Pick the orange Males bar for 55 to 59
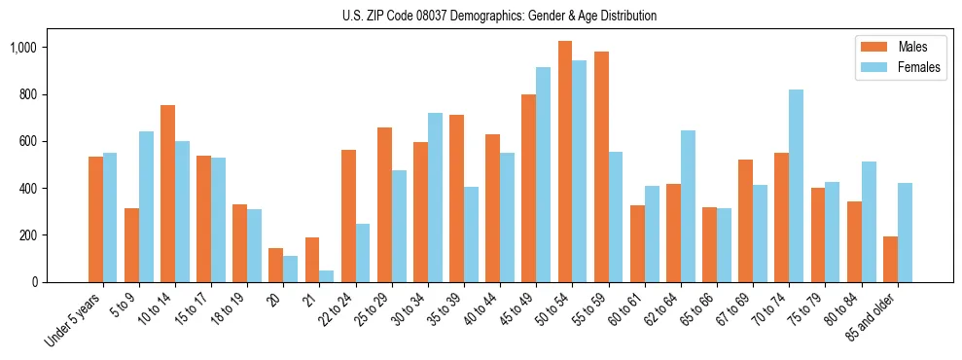[x=601, y=166]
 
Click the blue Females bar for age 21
[x=327, y=276]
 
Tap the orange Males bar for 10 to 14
[x=167, y=194]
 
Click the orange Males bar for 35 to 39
[x=456, y=198]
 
